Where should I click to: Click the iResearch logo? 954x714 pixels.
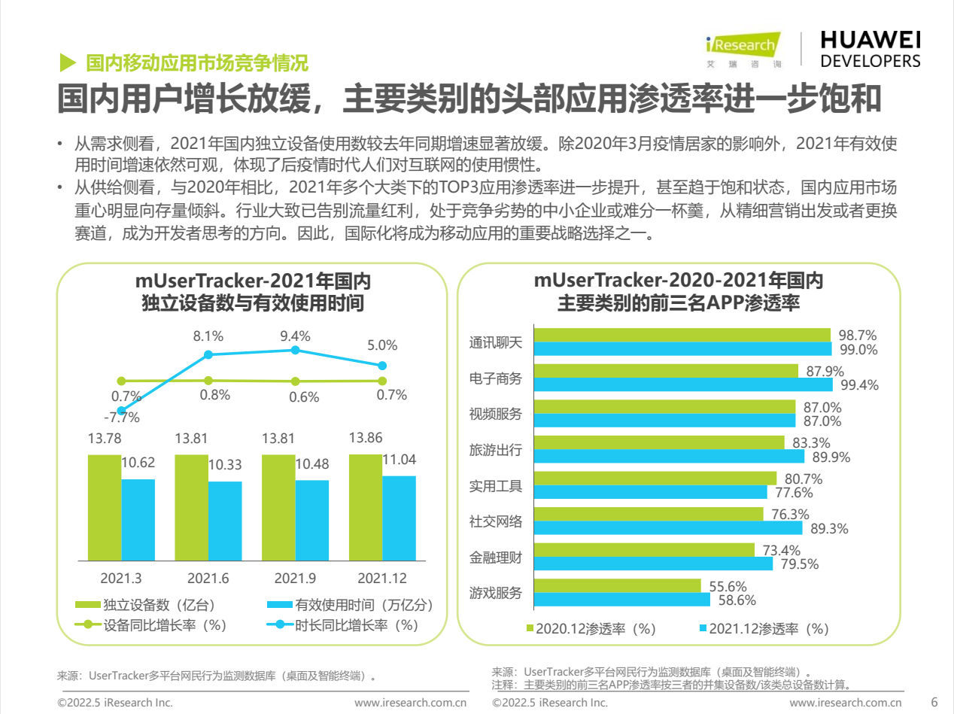(743, 50)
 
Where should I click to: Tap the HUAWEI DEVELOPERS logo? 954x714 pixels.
(870, 50)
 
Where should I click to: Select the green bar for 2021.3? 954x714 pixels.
(104, 507)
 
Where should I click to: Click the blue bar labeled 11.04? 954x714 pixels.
(399, 518)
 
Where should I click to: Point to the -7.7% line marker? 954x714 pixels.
(121, 410)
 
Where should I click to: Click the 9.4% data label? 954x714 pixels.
(295, 336)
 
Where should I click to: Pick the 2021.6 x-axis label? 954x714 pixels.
(208, 579)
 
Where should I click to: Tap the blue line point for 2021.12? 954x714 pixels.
(382, 366)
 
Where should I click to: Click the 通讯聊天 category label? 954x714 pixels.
(495, 342)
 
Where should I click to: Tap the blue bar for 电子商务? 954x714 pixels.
(683, 384)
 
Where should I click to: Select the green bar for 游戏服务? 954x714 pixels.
(617, 585)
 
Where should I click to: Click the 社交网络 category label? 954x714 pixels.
(495, 521)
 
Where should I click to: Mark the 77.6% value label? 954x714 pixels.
(791, 493)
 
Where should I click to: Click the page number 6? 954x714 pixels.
(934, 702)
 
